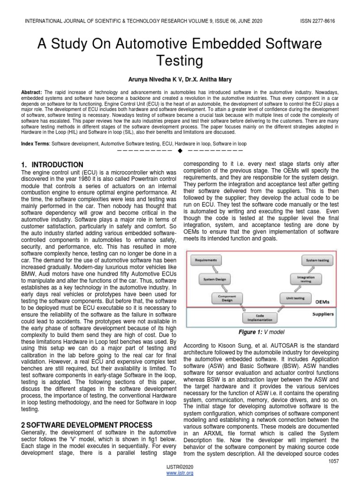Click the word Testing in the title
(x=180, y=61)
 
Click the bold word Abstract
(x=31, y=93)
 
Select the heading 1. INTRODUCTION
(x=53, y=165)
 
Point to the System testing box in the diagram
(x=317, y=259)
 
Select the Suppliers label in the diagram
(x=323, y=314)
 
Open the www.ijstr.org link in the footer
(x=180, y=473)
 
